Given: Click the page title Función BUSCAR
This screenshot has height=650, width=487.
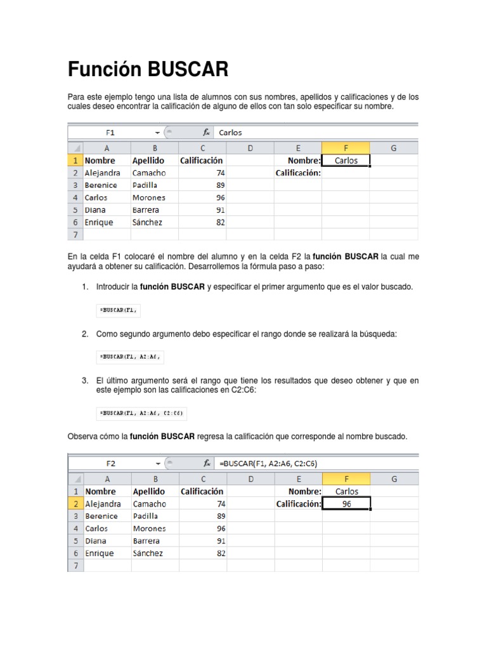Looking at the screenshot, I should click(148, 69).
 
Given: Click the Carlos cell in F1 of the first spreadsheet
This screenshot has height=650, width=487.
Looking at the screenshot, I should click(346, 161).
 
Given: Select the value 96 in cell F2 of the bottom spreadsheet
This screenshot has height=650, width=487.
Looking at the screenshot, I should click(346, 503).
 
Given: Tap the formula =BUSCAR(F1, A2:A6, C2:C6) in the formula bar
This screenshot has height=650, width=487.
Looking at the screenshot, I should click(268, 463).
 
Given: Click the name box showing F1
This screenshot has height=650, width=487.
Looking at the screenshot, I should click(110, 133).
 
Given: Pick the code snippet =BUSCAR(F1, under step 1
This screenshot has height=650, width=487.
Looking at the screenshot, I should click(118, 310).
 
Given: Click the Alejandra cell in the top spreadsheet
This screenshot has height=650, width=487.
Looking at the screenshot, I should click(102, 173).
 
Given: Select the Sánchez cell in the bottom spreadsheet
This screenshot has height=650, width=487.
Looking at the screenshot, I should click(148, 553).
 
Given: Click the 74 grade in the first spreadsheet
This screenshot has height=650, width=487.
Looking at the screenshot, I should click(220, 173).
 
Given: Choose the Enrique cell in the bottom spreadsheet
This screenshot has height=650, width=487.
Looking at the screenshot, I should click(100, 553).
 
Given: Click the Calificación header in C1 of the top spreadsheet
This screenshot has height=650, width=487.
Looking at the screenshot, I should click(201, 161).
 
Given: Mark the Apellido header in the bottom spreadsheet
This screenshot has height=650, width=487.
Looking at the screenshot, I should click(148, 491).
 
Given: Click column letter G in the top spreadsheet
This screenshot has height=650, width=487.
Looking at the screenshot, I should click(393, 148).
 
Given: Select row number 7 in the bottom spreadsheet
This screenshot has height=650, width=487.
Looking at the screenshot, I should click(75, 566).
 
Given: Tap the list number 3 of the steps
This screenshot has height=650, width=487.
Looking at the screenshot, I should click(84, 380).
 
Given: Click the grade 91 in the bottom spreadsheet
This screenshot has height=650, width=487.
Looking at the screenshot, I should click(221, 541).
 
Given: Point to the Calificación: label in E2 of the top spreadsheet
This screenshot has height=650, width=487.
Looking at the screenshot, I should click(298, 173).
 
